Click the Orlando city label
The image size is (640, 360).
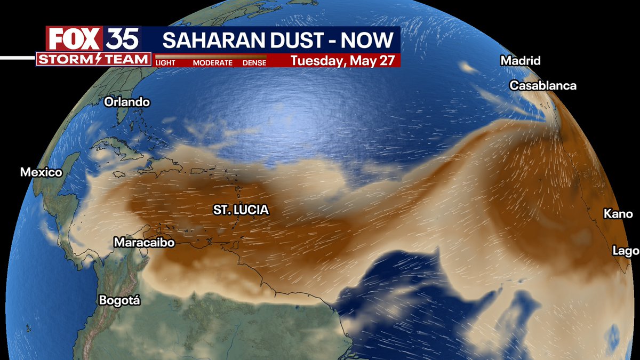click(x=127, y=102)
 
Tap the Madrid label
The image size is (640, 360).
click(x=520, y=61)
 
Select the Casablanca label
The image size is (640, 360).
click(x=543, y=85)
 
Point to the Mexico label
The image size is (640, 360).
click(x=41, y=172)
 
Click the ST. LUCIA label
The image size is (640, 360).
click(x=241, y=210)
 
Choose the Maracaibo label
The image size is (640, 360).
click(x=145, y=243)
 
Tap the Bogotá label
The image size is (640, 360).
click(x=119, y=300)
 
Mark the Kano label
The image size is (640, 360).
click(x=618, y=214)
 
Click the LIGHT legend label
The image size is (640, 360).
click(x=165, y=63)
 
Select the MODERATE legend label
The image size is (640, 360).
click(x=212, y=63)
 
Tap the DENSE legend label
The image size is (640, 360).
click(x=254, y=63)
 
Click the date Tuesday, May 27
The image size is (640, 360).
click(x=343, y=60)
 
